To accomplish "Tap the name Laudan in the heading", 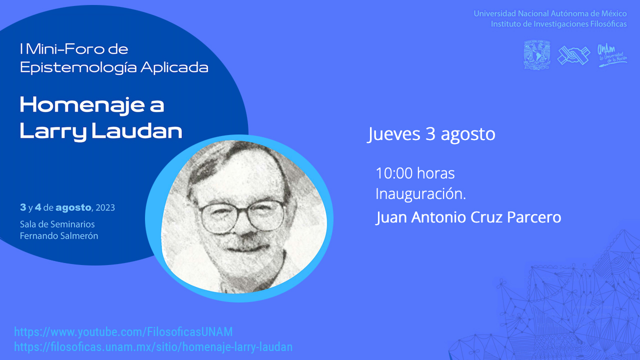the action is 137,131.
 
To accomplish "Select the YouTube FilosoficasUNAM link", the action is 123,332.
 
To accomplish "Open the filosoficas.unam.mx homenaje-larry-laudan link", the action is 153,347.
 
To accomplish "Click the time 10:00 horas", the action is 415,173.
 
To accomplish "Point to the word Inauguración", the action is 420,194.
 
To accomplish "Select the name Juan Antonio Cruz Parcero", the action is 468,217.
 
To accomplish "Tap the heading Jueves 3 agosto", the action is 431,134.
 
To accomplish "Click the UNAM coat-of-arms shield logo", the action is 537,55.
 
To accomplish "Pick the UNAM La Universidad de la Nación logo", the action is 612,55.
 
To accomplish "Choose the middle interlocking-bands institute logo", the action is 573,55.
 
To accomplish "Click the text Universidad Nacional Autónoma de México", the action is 550,13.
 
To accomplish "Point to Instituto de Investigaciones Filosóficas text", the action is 559,24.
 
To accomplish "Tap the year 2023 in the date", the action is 105,207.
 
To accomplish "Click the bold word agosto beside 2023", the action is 73,208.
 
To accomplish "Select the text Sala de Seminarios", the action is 57,224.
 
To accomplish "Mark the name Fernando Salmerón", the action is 59,236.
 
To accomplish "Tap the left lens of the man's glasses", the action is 218,217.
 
